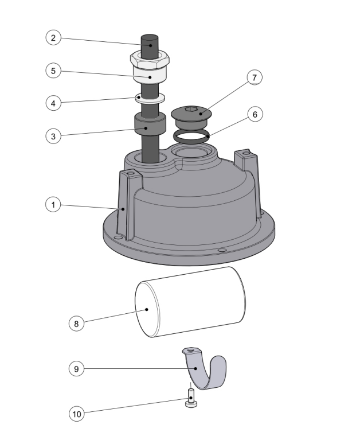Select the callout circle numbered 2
tap(53, 38)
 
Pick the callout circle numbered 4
tap(53, 103)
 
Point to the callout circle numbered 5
tap(53, 71)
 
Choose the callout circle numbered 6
tap(255, 114)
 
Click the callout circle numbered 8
tap(76, 323)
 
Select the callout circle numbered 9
tap(76, 369)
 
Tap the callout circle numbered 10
tap(76, 413)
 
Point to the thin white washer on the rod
tap(150, 97)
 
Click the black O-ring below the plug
tap(191, 135)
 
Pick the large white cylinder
tap(189, 302)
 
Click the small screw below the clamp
tap(191, 400)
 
